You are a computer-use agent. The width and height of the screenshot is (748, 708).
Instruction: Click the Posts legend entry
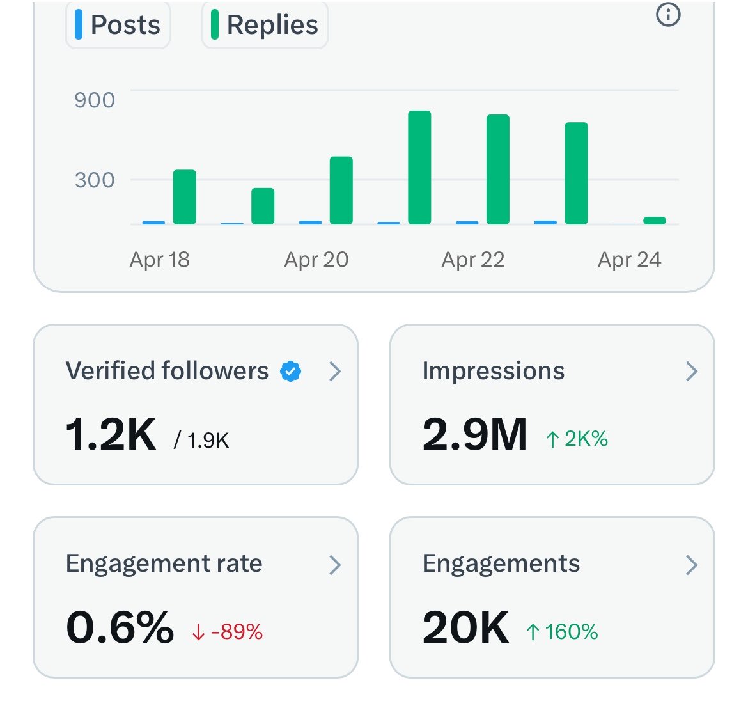[x=118, y=25]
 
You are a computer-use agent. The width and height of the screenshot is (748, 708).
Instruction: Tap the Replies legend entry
[x=265, y=25]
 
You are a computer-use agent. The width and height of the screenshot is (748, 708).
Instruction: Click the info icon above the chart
[x=668, y=14]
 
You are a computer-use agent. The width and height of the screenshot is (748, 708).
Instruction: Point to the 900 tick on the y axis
[x=95, y=100]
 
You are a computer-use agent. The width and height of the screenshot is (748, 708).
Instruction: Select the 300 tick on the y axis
[x=95, y=180]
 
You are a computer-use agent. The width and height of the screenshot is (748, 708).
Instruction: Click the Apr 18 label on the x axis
[x=159, y=260]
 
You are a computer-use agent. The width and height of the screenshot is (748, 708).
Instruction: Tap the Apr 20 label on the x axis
[x=316, y=260]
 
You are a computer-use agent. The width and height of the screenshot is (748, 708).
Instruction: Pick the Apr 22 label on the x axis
[x=473, y=260]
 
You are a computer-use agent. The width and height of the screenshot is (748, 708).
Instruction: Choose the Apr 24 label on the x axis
[x=630, y=260]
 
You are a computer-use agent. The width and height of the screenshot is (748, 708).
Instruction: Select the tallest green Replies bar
[x=419, y=168]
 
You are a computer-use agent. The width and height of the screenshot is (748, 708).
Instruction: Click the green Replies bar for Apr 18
[x=185, y=197]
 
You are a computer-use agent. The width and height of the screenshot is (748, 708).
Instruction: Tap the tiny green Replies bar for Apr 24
[x=655, y=221]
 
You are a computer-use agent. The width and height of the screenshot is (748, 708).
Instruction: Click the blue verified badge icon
[x=291, y=371]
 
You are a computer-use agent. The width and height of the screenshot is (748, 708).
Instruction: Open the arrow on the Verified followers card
[x=335, y=371]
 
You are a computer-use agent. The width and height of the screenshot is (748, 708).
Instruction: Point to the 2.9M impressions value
[x=475, y=435]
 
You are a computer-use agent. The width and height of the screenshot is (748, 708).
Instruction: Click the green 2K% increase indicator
[x=577, y=439]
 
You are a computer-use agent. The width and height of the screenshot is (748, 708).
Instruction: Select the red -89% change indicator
[x=228, y=632]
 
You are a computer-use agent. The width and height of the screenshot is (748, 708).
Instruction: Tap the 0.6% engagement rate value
[x=120, y=627]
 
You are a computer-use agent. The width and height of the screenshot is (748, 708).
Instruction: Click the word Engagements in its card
[x=501, y=563]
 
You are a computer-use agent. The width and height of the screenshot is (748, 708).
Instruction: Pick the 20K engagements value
[x=465, y=628]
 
